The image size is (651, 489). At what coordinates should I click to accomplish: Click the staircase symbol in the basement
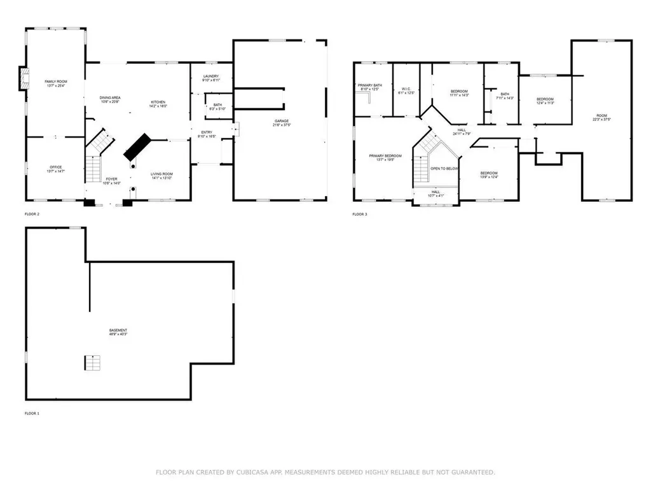[x=93, y=362]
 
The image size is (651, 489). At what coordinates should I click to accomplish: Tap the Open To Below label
[x=444, y=169]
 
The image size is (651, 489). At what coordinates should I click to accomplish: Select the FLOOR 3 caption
[x=359, y=215]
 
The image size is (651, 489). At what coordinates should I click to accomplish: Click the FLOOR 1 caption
[x=32, y=414]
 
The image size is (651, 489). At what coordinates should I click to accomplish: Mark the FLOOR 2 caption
[x=32, y=215]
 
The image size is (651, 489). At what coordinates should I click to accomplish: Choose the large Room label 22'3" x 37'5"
[x=601, y=117]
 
